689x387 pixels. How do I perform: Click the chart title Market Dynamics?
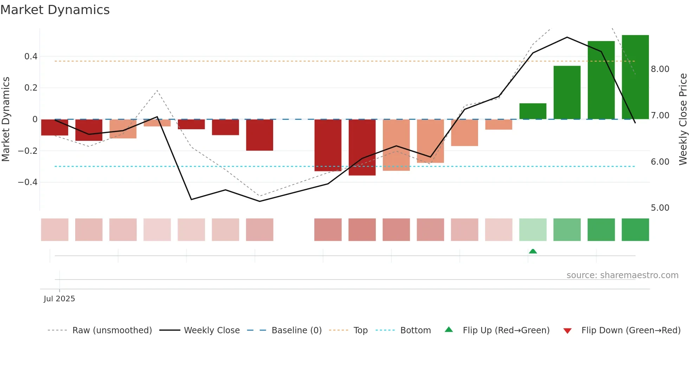point(55,10)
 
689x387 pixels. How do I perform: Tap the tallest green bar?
point(635,77)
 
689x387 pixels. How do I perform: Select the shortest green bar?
point(533,111)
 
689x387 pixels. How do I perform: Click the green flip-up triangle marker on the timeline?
point(533,251)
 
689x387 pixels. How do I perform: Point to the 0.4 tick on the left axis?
point(31,57)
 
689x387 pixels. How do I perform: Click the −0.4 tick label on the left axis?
point(28,182)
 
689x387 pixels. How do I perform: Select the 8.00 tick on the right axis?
point(660,69)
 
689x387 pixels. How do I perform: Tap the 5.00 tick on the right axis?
point(660,208)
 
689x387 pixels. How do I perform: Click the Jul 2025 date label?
point(59,299)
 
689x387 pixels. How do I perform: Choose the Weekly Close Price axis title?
point(683,119)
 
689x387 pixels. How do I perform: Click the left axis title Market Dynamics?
point(6,119)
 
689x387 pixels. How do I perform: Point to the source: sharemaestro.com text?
point(622,275)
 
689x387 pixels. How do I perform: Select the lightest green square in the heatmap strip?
point(533,230)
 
